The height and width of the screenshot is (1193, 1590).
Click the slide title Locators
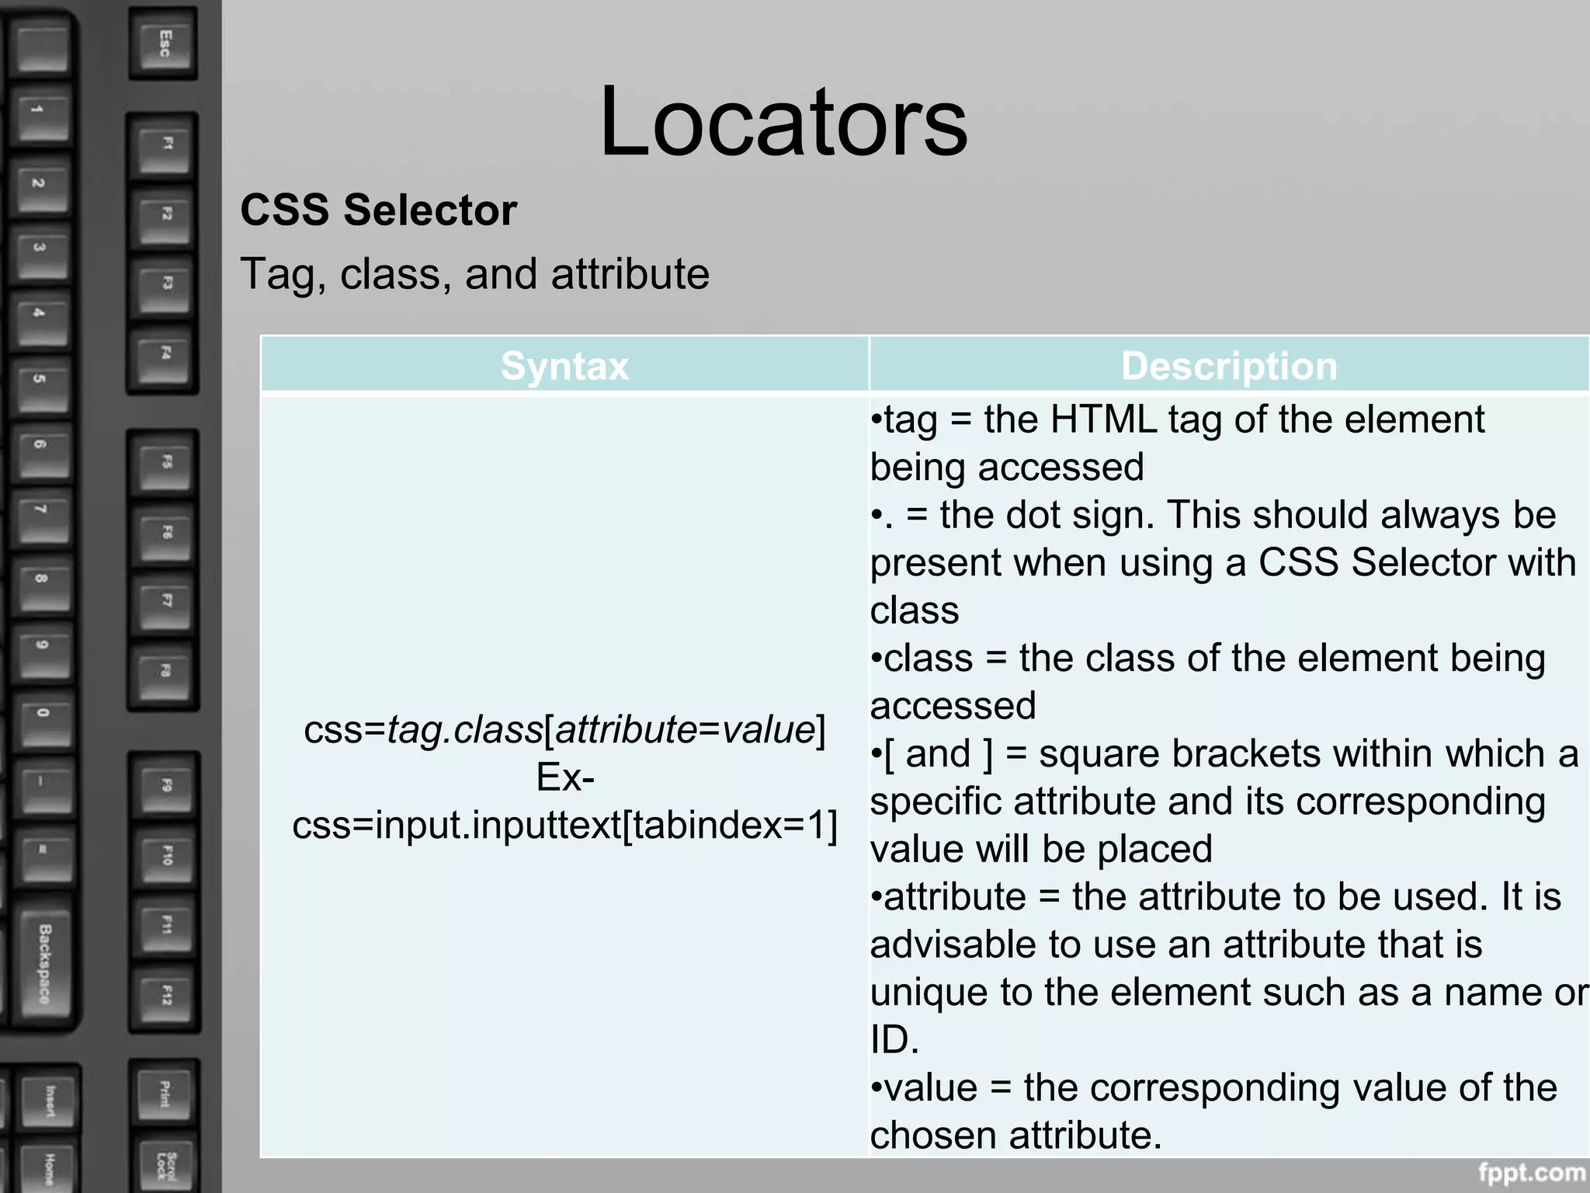783,123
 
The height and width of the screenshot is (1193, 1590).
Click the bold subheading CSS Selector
378,210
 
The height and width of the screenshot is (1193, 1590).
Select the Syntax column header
564,366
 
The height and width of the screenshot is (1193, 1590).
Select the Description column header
1229,366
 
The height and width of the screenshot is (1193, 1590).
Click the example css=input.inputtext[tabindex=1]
564,825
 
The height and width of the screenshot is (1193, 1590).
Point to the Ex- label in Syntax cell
564,777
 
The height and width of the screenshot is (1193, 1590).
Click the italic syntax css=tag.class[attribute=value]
564,730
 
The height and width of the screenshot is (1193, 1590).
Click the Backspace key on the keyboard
45,963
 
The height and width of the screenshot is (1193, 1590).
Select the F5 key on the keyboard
165,463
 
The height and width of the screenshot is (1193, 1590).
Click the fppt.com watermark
1531,1171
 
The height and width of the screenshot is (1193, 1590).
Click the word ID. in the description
894,1040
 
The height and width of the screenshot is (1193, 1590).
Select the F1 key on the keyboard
165,144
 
